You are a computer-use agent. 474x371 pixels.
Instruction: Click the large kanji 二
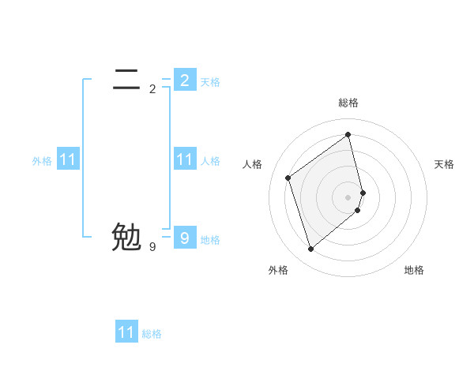pos(126,79)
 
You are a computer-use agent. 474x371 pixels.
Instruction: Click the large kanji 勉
pos(126,237)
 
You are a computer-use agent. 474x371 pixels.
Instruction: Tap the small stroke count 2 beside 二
pos(152,89)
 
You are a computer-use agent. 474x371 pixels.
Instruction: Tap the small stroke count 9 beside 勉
pos(152,247)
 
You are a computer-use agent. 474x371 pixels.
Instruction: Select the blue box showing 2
pos(184,80)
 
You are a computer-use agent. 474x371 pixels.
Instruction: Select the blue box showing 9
pos(184,238)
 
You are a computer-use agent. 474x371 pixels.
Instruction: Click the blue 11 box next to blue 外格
pos(68,159)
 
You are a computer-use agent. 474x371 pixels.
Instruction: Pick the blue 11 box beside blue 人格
pos(184,159)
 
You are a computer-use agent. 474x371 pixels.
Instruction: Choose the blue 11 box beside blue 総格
pos(126,332)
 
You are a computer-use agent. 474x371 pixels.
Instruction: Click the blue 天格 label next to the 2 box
pos(210,82)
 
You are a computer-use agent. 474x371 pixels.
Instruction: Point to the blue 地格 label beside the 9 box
pos(210,240)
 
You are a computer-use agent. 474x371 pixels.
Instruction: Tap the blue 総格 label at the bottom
pos(152,334)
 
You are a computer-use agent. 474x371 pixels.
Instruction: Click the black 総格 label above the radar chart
pos(348,103)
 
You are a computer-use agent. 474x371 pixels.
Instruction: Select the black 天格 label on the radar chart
pos(444,164)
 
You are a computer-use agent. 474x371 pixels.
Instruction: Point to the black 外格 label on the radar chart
pos(278,271)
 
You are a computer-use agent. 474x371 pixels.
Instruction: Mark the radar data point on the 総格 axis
pos(348,135)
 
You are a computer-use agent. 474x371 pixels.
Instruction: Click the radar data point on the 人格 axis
pos(288,178)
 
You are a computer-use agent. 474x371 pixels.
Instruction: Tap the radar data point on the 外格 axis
pos(311,249)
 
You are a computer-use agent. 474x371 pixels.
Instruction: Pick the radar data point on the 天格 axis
pos(363,192)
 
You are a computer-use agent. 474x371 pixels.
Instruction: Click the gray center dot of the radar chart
pos(348,197)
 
